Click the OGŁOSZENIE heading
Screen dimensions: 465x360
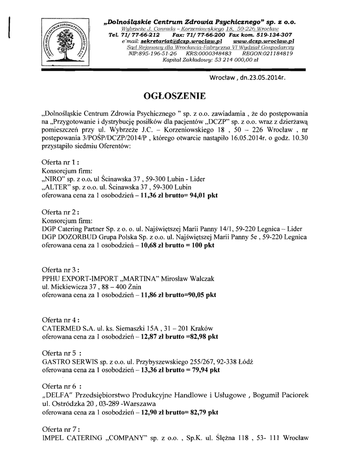coord(174,96)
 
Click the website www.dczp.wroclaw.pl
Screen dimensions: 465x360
coord(267,41)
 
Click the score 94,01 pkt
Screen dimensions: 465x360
coord(200,196)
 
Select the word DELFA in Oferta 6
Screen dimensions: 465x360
coord(56,395)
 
